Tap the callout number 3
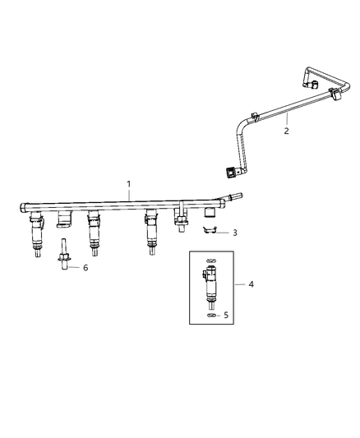(236, 233)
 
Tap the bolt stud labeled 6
(62, 251)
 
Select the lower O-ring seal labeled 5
(211, 315)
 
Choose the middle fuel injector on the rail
(94, 234)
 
